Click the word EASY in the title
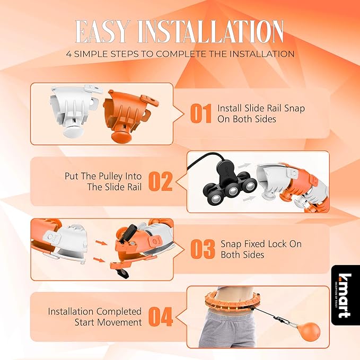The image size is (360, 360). [x=102, y=32]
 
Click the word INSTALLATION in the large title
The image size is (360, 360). [x=211, y=32]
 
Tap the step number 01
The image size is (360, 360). [x=201, y=113]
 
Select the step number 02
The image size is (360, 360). [x=161, y=181]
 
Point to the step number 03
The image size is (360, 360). [x=203, y=249]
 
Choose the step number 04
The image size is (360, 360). [x=161, y=317]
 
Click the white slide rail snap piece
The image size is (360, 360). [x=75, y=111]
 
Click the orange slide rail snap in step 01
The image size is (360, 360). [x=130, y=116]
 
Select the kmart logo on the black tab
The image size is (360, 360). [x=345, y=296]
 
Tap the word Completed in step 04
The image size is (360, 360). [x=119, y=312]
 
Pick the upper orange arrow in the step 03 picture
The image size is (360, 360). [x=101, y=242]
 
